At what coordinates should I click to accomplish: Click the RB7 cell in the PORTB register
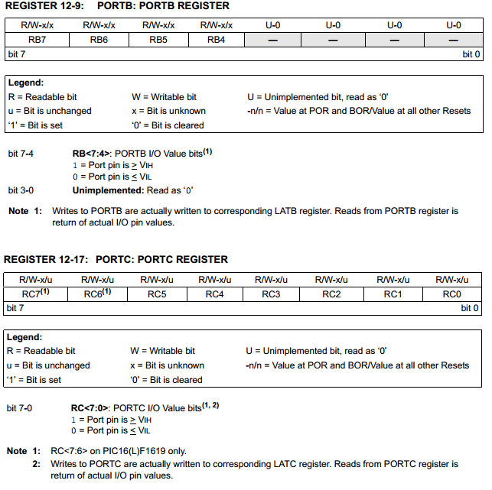tap(37, 40)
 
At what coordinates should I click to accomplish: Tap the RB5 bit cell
tap(158, 40)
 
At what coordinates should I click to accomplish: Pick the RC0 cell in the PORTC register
tap(451, 294)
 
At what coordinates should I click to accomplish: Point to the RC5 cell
tap(157, 294)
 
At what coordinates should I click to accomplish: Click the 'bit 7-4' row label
tap(21, 154)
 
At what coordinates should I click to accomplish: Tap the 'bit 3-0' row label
tap(21, 190)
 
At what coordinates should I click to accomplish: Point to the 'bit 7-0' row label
tap(20, 408)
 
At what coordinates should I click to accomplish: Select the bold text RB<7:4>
tap(91, 154)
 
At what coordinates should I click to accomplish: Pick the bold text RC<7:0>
tap(90, 408)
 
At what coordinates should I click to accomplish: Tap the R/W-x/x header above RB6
tap(99, 25)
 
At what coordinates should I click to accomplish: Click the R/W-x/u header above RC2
tap(332, 280)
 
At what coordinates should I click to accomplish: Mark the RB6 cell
tap(99, 40)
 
